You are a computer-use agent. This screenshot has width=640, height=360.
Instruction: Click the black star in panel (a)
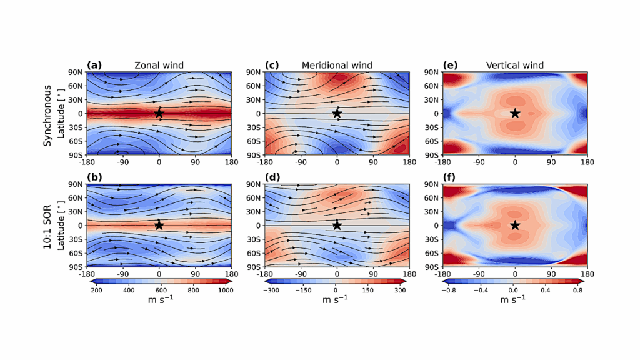(x=159, y=113)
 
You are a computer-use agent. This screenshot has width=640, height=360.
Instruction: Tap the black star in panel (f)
(x=515, y=225)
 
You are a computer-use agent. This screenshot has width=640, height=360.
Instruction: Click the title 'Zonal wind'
(x=158, y=65)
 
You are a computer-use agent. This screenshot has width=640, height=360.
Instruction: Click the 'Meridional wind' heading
(x=337, y=65)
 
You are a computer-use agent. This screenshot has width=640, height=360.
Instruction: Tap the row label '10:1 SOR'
(x=47, y=225)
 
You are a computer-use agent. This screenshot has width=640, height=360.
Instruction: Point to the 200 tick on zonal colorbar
(x=96, y=291)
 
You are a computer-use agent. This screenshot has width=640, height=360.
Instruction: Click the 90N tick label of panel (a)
(x=76, y=72)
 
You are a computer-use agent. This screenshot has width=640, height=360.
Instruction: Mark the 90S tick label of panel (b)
(x=76, y=267)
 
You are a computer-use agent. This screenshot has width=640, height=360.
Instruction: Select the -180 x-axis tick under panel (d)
(x=265, y=274)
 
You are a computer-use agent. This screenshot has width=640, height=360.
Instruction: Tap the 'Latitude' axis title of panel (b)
(x=62, y=225)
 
